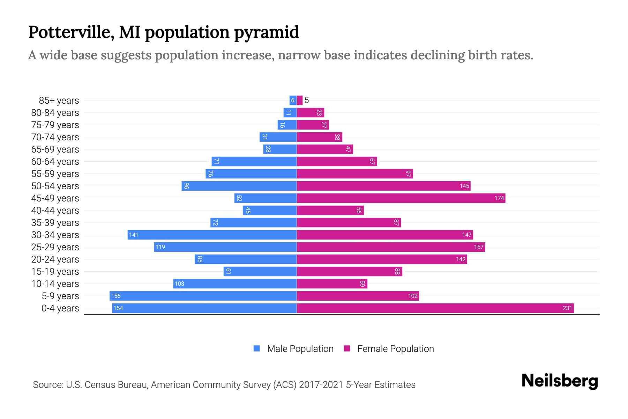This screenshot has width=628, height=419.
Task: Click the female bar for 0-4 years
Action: tap(435, 308)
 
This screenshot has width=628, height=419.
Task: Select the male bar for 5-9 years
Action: tap(203, 296)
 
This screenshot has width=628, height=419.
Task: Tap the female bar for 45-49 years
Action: tap(401, 198)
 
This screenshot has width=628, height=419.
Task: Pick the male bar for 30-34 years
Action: tap(212, 235)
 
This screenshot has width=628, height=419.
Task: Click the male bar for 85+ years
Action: tap(293, 101)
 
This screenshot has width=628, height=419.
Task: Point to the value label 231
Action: tap(567, 308)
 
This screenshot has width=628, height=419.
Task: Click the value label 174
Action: tap(499, 198)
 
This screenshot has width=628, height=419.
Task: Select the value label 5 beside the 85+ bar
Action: tap(307, 101)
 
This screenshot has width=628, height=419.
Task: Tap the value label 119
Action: tap(160, 247)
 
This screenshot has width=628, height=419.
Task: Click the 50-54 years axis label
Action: tap(55, 186)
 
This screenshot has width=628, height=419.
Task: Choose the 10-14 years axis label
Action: tap(55, 284)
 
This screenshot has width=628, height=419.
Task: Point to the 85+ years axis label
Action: tap(59, 101)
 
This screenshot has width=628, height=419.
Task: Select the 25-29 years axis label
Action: tap(55, 247)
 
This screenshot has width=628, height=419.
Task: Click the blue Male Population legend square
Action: tap(257, 348)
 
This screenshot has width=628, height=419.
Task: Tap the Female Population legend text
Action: tap(395, 348)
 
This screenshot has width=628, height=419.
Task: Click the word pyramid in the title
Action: tap(266, 32)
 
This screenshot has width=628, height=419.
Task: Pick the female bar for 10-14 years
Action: tap(332, 284)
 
